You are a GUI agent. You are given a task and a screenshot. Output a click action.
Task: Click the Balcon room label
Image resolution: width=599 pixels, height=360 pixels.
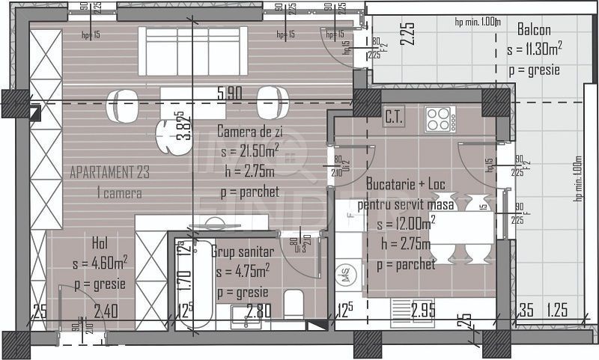click(x=534, y=31)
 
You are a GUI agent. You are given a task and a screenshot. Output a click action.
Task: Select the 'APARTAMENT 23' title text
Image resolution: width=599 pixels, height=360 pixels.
click(x=109, y=172)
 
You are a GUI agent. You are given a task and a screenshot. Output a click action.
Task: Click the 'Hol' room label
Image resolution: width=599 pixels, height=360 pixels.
click(x=100, y=243)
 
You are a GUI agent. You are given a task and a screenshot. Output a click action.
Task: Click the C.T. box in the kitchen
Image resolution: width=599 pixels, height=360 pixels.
click(x=394, y=118)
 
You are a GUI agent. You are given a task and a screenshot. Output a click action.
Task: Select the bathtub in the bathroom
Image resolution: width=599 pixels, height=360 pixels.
click(x=193, y=284)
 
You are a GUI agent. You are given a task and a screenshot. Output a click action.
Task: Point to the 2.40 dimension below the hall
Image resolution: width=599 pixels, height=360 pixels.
click(x=107, y=310)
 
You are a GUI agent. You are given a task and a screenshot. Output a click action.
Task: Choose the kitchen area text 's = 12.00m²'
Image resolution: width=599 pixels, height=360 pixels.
click(x=407, y=224)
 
